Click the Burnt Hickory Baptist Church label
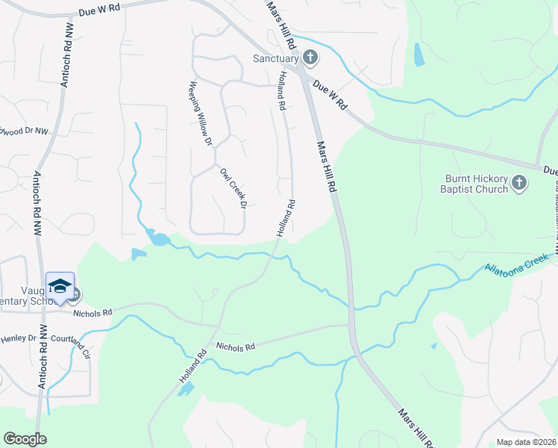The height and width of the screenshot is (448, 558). click(x=477, y=184)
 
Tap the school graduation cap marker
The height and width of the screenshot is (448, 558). click(x=60, y=287)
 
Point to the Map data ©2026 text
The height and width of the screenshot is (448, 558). click(x=527, y=442)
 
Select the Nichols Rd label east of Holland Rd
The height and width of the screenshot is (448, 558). click(x=236, y=346)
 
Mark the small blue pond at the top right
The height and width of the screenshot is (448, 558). click(x=418, y=54)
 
